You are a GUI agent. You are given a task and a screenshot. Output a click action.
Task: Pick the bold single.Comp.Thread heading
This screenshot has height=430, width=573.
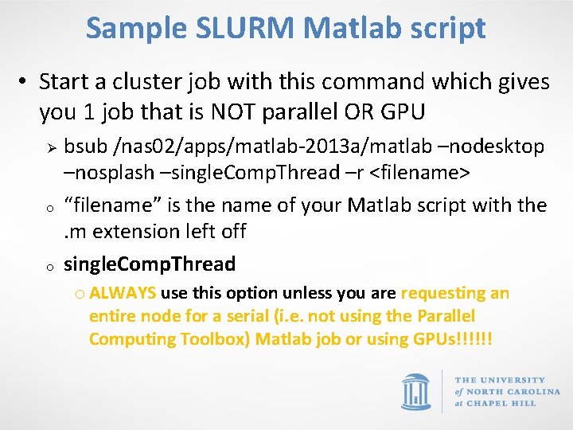pyautogui.click(x=150, y=264)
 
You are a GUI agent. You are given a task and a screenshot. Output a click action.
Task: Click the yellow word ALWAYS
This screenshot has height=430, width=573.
pyautogui.click(x=123, y=294)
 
